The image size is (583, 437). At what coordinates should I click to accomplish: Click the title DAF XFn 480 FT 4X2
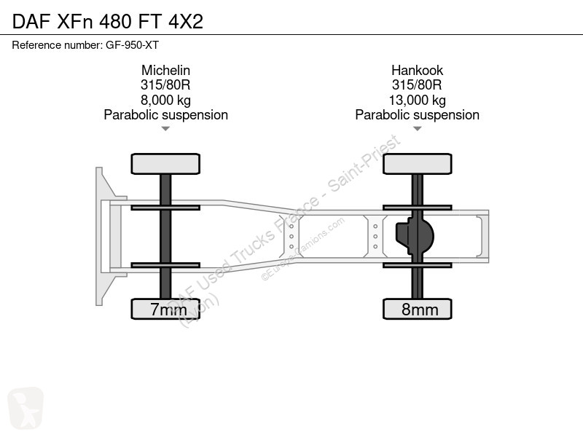pos(108,21)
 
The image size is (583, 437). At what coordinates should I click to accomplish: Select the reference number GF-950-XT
pos(133,45)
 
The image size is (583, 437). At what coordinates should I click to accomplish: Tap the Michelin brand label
pos(165,70)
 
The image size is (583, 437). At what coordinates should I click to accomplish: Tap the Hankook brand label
pos(417,70)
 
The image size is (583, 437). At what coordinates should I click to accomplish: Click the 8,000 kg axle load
pos(165,100)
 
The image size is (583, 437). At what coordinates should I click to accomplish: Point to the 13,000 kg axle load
pos(417,100)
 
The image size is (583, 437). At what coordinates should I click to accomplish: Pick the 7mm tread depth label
pos(168,309)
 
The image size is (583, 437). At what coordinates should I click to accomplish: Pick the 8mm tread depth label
pos(420,309)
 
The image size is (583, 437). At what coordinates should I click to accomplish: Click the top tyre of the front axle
pos(165,164)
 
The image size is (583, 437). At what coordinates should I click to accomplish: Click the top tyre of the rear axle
pos(418,164)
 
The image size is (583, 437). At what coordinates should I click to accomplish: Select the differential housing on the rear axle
pos(415,236)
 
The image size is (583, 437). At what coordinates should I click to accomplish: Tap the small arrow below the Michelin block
pos(165,129)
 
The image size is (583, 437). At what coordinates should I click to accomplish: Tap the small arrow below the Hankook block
pos(417,129)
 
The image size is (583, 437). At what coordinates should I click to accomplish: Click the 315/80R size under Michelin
pos(165,85)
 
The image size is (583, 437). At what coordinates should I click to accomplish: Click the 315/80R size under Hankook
pos(417,85)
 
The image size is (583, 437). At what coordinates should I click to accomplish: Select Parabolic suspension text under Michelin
pos(166,115)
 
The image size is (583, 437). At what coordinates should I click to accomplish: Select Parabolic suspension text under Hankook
pos(417,115)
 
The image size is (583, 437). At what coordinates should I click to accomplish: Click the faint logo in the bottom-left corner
pos(26,408)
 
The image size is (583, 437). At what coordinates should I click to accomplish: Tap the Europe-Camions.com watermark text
pos(302,249)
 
